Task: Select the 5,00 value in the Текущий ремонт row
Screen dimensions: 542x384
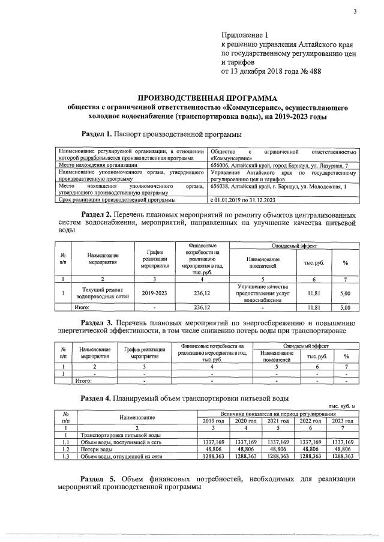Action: click(x=345, y=294)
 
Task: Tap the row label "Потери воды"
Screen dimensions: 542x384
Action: click(x=96, y=449)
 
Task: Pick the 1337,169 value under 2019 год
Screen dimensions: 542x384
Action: click(x=213, y=442)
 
